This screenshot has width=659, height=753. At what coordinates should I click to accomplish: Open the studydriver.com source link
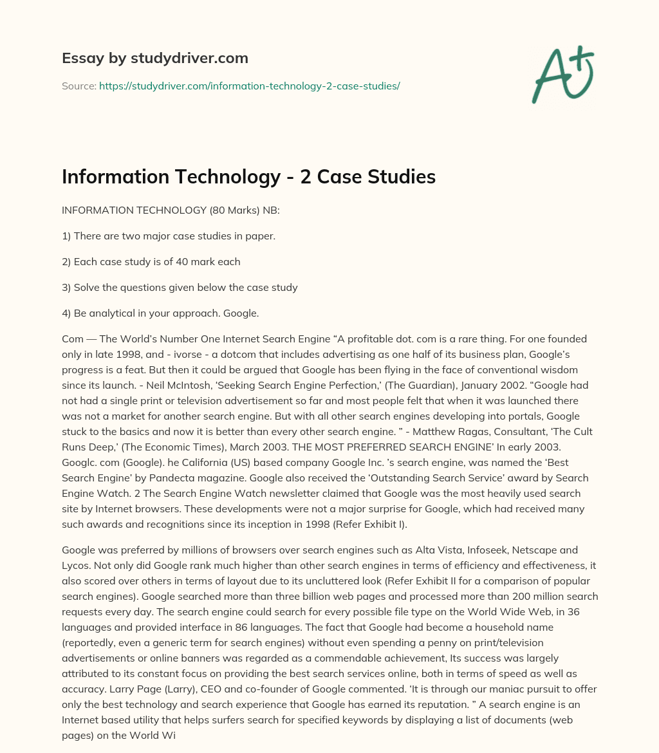pos(249,86)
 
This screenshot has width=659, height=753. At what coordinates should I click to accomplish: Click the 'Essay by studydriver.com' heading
pos(155,58)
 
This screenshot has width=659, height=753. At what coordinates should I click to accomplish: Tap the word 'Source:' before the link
pos(79,86)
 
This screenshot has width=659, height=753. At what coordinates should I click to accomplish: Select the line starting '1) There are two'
pos(169,236)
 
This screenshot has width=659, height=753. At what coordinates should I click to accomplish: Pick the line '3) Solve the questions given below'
pos(180,288)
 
